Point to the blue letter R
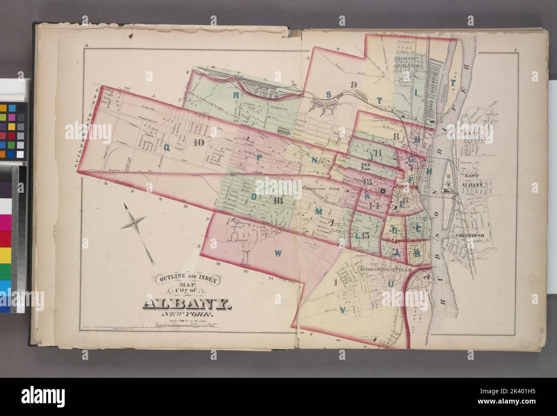(236, 95)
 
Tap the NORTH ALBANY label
(406, 62)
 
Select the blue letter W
(278, 253)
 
